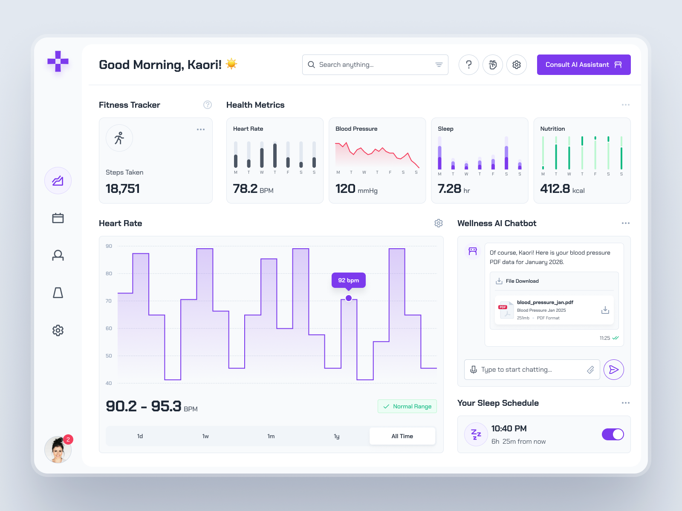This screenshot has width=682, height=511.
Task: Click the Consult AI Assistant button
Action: tap(583, 65)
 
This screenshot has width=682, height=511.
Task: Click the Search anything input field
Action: tap(371, 65)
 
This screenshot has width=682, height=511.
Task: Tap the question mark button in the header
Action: tap(469, 65)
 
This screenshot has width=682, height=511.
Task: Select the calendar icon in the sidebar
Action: tap(58, 218)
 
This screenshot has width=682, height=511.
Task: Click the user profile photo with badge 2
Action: tap(58, 450)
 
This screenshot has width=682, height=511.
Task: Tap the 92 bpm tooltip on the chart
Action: tap(348, 280)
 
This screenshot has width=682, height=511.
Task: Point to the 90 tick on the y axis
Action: tap(109, 246)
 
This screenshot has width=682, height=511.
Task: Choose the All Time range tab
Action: tap(402, 436)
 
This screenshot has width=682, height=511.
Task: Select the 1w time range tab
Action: tap(205, 436)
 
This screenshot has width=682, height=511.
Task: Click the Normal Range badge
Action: tap(407, 406)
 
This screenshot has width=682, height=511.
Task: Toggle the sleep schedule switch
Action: tap(613, 434)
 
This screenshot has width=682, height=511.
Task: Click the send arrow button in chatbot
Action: tap(613, 370)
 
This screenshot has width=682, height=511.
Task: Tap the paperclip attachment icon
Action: tap(590, 370)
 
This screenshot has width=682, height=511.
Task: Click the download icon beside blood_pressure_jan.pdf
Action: tap(605, 310)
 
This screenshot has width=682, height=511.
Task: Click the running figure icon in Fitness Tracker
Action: tap(119, 138)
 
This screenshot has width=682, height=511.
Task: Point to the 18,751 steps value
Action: tap(123, 189)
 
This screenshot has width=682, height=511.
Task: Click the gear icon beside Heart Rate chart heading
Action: tap(438, 223)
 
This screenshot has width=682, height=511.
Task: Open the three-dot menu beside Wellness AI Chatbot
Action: tap(625, 223)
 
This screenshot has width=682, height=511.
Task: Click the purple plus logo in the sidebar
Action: tap(58, 62)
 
